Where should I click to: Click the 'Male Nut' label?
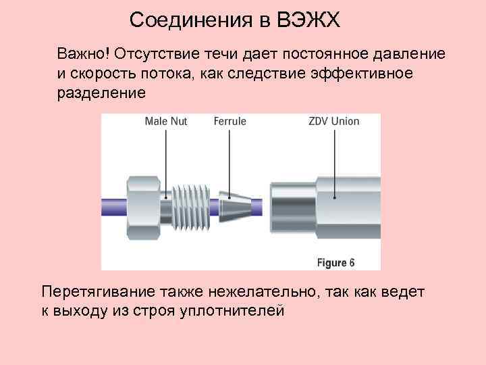coord(165,122)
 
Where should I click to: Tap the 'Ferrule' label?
coord(230,122)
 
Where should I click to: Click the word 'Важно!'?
coord(83,53)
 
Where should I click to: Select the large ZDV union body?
coord(324,202)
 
